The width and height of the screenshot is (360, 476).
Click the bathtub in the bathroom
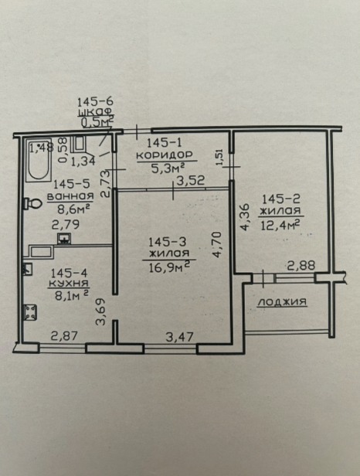pyautogui.click(x=39, y=160)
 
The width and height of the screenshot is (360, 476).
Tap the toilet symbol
pyautogui.click(x=33, y=203)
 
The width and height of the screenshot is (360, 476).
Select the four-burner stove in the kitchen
pyautogui.click(x=30, y=312)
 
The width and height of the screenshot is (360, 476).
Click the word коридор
pyautogui.click(x=165, y=155)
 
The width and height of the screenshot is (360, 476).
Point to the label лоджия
pyautogui.click(x=282, y=301)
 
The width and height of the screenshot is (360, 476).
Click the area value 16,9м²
pyautogui.click(x=170, y=267)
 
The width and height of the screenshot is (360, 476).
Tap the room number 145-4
pyautogui.click(x=69, y=274)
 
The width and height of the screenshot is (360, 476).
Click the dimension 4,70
pyautogui.click(x=217, y=245)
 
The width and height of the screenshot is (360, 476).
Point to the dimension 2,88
pyautogui.click(x=301, y=266)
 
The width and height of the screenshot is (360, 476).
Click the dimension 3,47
pyautogui.click(x=179, y=337)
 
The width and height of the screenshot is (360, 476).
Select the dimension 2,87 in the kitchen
pyautogui.click(x=64, y=336)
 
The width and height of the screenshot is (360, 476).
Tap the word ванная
pyautogui.click(x=70, y=196)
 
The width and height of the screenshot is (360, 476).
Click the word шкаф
pyautogui.click(x=95, y=112)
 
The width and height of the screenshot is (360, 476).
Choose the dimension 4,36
pyautogui.click(x=245, y=216)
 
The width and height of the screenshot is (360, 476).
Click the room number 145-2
pyautogui.click(x=281, y=199)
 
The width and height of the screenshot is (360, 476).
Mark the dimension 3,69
pyautogui.click(x=100, y=311)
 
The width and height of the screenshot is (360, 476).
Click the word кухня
pyautogui.click(x=69, y=284)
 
